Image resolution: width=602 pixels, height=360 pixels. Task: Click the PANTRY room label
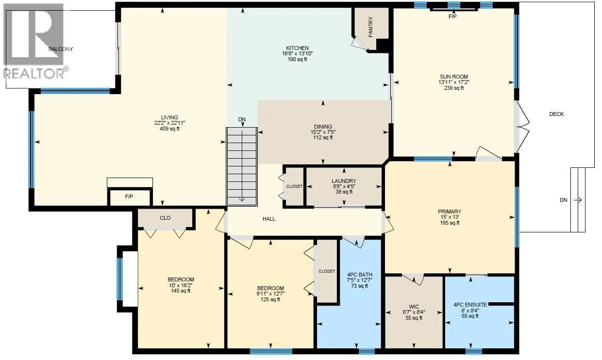(370, 28)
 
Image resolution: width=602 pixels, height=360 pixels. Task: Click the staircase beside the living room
(241, 165)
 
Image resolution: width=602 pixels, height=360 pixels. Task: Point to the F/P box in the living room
(130, 197)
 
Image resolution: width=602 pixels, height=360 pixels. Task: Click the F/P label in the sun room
(452, 16)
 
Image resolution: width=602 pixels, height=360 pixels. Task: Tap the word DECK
(556, 114)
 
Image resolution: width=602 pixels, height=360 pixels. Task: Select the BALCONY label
(61, 49)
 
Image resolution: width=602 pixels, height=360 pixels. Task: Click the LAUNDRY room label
(344, 181)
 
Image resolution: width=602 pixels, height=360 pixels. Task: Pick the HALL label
(269, 219)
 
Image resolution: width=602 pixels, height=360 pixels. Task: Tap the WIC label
(414, 307)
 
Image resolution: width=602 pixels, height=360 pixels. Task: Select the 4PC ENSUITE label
(469, 305)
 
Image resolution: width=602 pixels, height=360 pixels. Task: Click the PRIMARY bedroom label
(448, 212)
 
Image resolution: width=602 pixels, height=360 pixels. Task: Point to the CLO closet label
(165, 218)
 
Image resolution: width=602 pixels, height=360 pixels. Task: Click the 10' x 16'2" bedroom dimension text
(181, 285)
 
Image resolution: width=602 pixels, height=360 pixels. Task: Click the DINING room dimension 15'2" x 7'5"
(322, 132)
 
